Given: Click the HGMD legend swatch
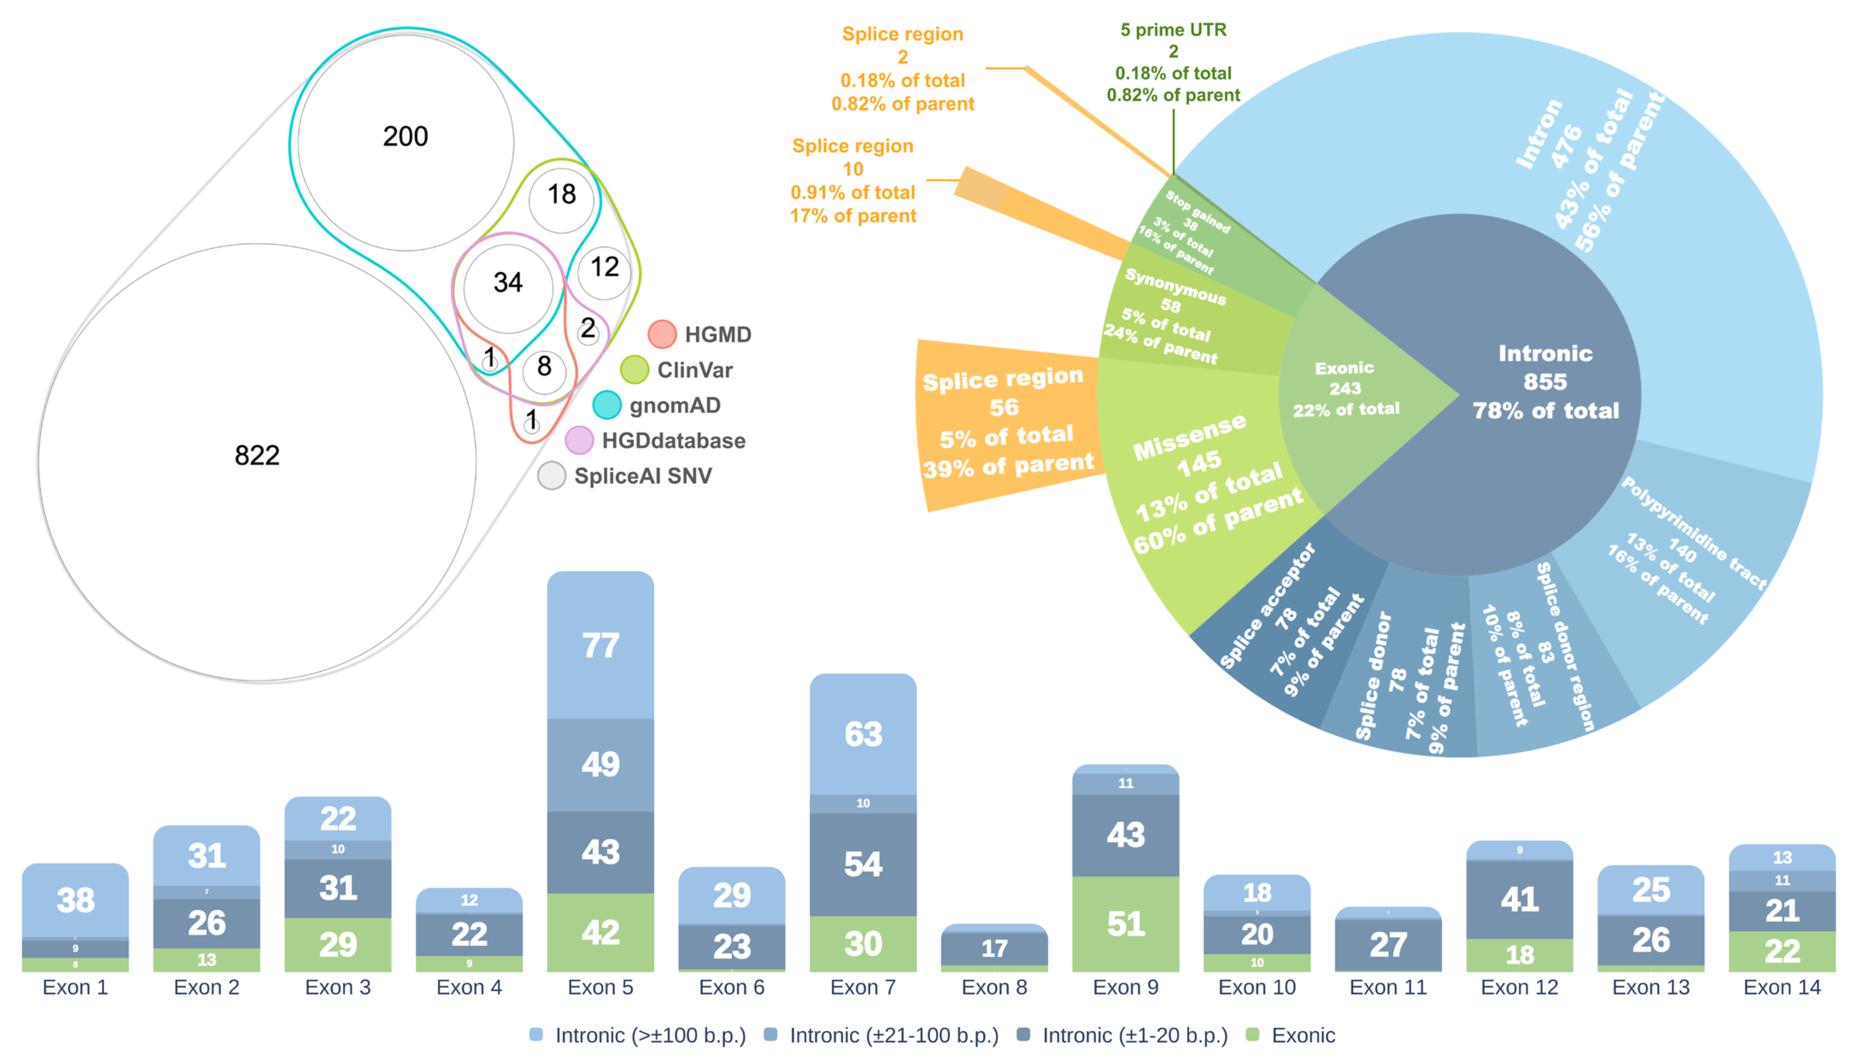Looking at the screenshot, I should click(x=662, y=334).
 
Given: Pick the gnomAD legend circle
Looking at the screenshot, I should click(x=607, y=405).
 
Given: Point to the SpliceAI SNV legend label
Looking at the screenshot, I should click(x=643, y=476).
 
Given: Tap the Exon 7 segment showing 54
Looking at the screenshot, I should click(x=863, y=864).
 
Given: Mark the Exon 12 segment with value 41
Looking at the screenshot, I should click(x=1519, y=900).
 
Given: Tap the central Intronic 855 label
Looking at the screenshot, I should click(x=1545, y=382).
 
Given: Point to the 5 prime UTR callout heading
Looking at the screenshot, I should click(x=1173, y=30).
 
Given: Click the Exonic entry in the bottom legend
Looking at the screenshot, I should click(x=1302, y=1035).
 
